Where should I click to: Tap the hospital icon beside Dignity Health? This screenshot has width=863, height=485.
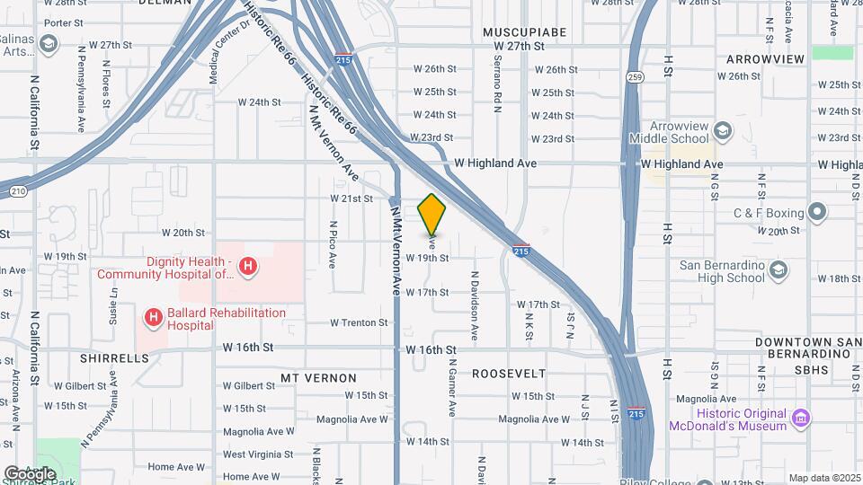[x=249, y=267]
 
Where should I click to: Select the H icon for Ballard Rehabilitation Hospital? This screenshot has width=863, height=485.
[x=154, y=318]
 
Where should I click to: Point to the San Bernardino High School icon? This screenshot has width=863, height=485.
[x=778, y=270]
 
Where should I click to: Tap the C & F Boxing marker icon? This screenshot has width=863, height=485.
[x=816, y=213]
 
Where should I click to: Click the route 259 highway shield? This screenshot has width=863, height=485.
[x=635, y=77]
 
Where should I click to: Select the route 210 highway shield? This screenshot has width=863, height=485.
[x=17, y=190]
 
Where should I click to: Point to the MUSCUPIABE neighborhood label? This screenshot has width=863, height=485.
[x=525, y=32]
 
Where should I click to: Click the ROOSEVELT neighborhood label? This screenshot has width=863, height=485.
[x=509, y=373]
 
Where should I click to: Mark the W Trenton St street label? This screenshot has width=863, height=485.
[x=359, y=322]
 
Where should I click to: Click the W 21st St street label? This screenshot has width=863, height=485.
[x=351, y=198]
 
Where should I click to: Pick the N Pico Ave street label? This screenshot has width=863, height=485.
[x=332, y=245]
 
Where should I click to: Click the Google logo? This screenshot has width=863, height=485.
[x=30, y=473]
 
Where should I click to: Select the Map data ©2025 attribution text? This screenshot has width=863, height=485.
[x=824, y=478]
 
